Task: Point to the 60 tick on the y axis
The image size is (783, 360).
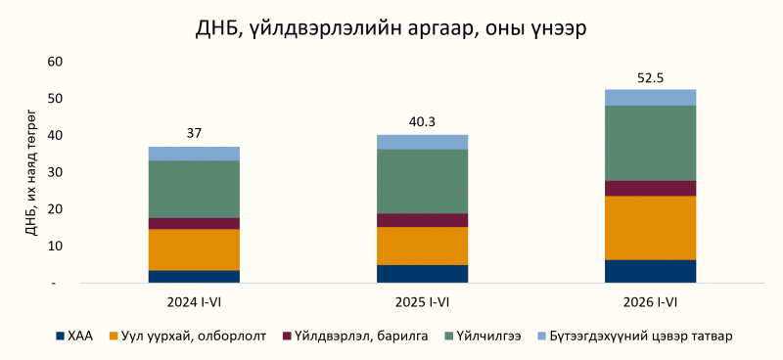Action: (x=55, y=62)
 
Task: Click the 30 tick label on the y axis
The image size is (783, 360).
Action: (x=55, y=172)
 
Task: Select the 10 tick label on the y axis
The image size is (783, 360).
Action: (x=55, y=247)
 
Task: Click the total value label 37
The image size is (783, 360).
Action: (x=194, y=134)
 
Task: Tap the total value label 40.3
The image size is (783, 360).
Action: (x=422, y=122)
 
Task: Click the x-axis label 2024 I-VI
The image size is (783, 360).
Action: (x=194, y=303)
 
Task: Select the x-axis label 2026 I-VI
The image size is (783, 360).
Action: (x=650, y=303)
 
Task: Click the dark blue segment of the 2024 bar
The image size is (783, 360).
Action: (x=194, y=277)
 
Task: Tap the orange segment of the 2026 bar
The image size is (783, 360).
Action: (x=650, y=228)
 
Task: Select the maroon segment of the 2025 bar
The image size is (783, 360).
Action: (x=422, y=221)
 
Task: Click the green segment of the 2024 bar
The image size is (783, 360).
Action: (x=194, y=189)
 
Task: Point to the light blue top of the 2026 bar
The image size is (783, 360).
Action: (x=650, y=98)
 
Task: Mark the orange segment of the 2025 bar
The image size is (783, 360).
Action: (x=422, y=247)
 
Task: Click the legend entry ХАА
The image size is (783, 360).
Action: (x=75, y=337)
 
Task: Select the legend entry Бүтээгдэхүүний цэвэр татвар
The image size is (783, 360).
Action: (x=634, y=337)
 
